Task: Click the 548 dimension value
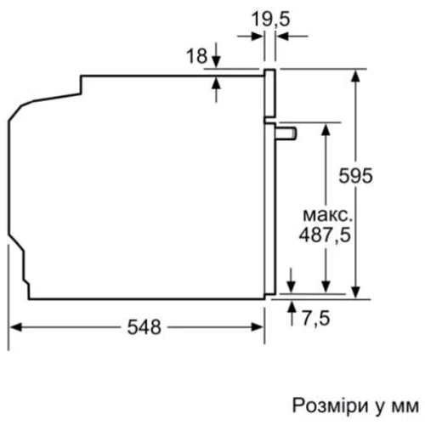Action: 144,327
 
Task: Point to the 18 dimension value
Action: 195,55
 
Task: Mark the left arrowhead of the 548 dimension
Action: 14,326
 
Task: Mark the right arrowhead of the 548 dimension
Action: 259,326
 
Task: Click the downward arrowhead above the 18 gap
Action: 217,62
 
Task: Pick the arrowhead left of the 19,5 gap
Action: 258,36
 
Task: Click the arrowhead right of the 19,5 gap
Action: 283,36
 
